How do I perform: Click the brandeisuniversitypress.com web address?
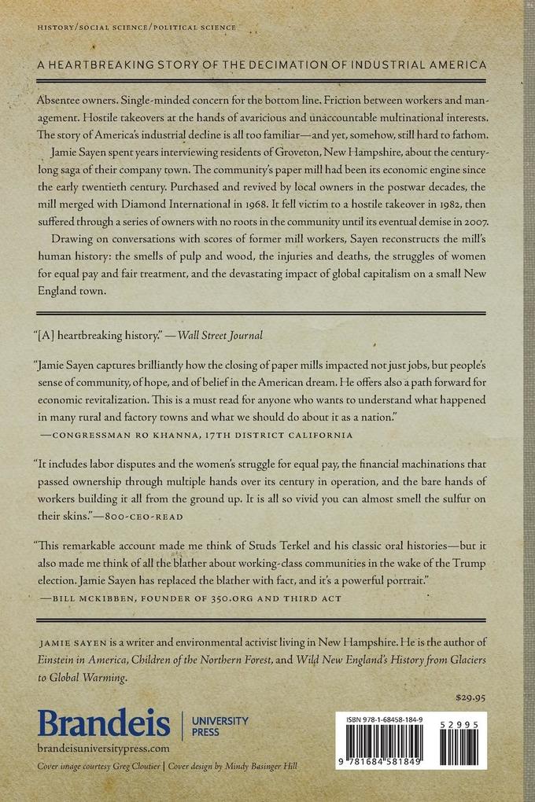[103, 749]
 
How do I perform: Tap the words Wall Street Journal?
[220, 335]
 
